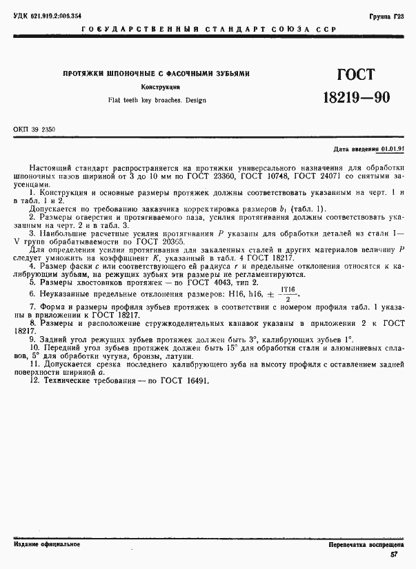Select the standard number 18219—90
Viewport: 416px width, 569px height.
tap(356, 98)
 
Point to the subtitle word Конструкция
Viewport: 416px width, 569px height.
tap(161, 87)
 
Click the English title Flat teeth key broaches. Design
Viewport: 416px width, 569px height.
tap(157, 100)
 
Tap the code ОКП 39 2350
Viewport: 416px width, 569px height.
tap(34, 129)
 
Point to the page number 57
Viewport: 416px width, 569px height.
tap(394, 555)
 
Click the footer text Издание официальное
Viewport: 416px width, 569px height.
tap(46, 544)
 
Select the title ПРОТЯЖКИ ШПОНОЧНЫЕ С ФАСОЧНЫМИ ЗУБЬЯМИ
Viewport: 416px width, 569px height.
tap(156, 74)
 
